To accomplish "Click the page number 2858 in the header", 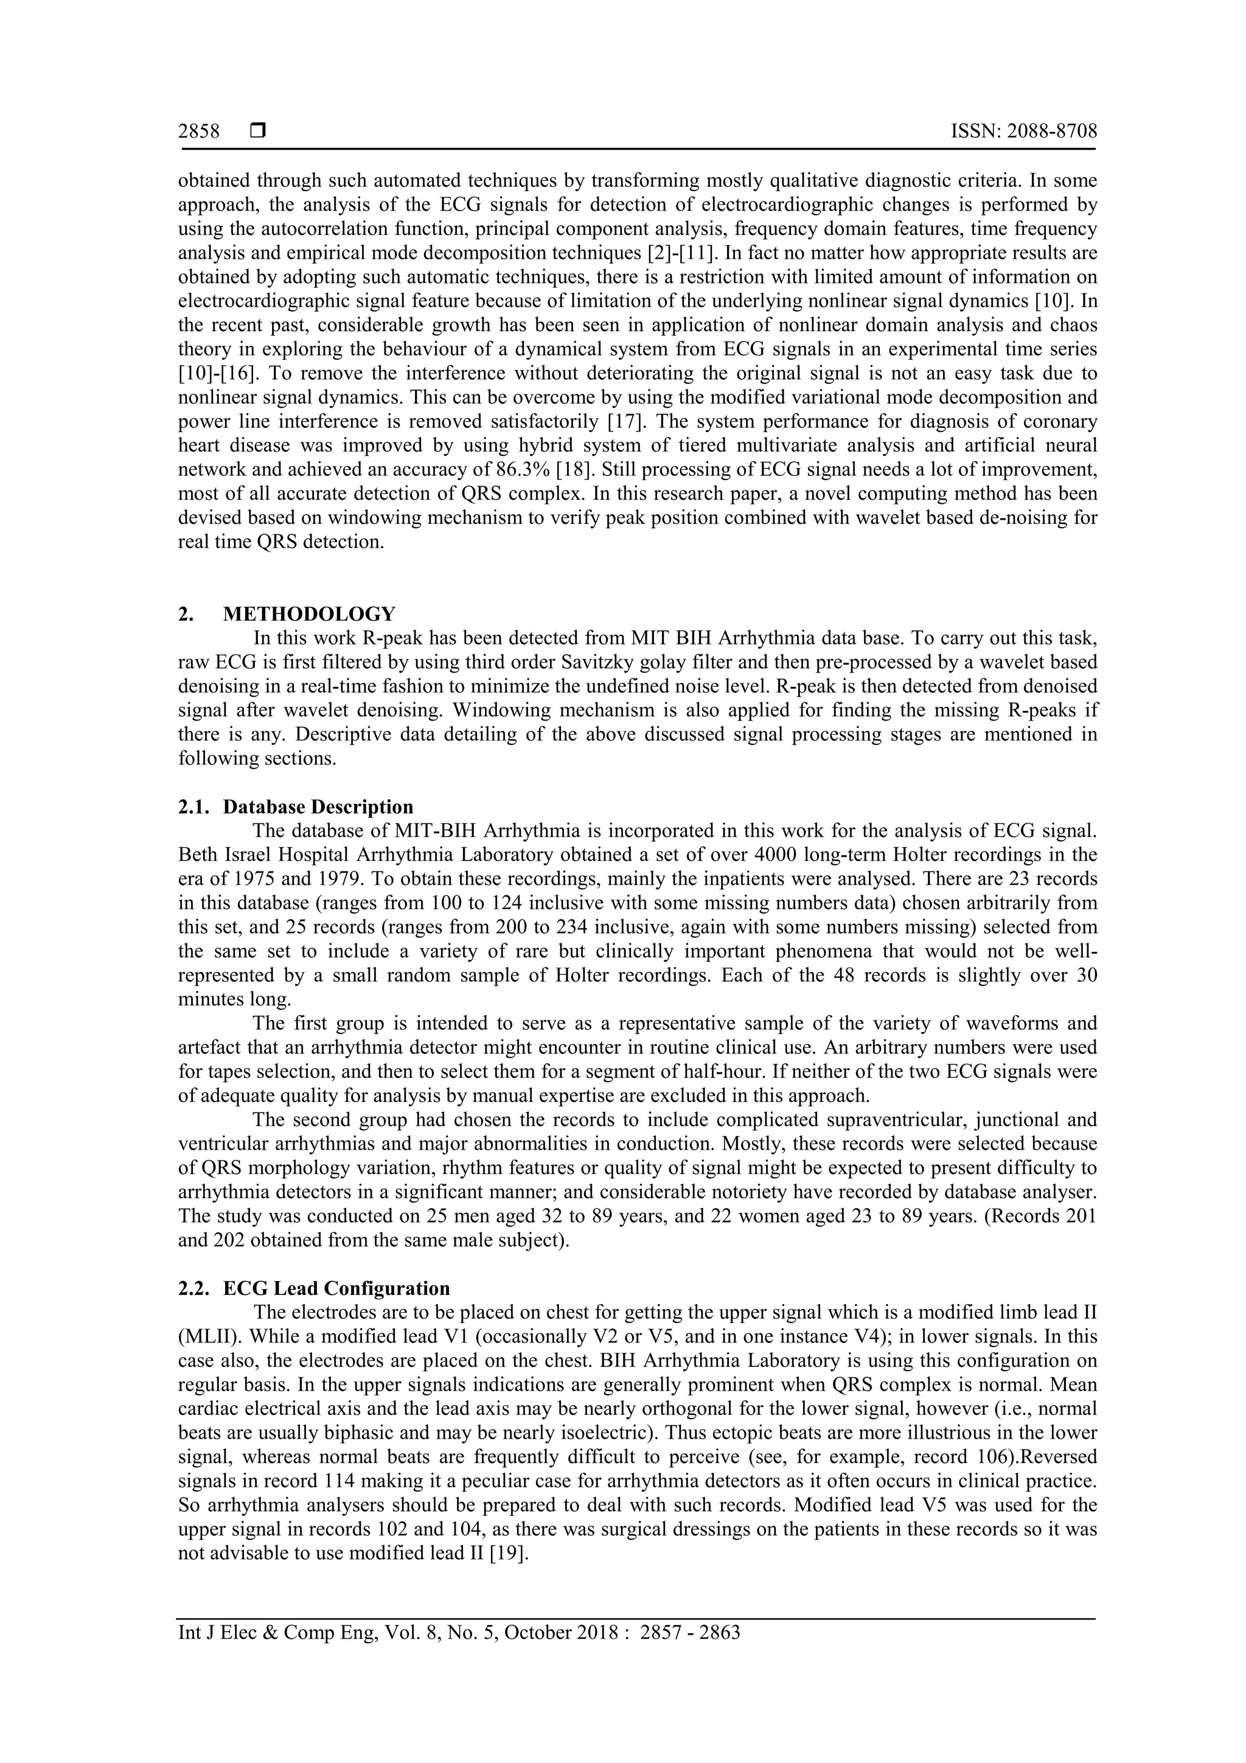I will coord(199,132).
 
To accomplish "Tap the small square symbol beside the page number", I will coord(258,132).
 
